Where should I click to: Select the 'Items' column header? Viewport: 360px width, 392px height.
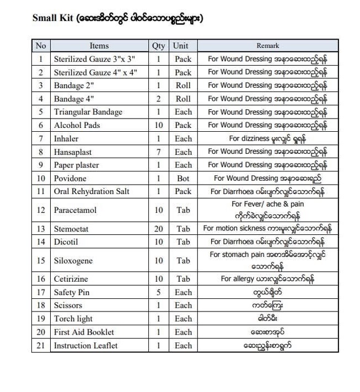click(x=99, y=46)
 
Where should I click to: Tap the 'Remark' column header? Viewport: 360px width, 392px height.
click(x=267, y=46)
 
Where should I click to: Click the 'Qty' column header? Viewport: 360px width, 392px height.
click(x=158, y=46)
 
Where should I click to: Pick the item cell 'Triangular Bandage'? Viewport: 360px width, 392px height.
click(x=88, y=112)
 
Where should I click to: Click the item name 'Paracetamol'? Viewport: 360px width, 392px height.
click(x=75, y=210)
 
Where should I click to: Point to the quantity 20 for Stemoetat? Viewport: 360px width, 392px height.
click(x=159, y=228)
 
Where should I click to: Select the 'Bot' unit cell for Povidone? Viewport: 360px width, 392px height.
click(x=183, y=179)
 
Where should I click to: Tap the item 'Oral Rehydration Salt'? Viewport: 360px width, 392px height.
click(x=92, y=192)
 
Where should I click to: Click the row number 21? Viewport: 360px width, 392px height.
click(x=41, y=346)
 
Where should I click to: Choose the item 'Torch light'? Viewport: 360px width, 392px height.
click(x=73, y=319)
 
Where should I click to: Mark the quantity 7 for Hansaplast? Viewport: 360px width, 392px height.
click(x=159, y=152)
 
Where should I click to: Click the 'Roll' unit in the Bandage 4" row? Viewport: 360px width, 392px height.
click(x=183, y=99)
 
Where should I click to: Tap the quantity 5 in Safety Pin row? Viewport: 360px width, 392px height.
click(x=159, y=292)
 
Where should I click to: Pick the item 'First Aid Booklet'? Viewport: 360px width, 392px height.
click(x=84, y=332)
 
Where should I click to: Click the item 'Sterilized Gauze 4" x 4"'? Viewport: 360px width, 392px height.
click(x=95, y=72)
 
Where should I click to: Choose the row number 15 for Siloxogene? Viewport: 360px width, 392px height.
click(x=41, y=260)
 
